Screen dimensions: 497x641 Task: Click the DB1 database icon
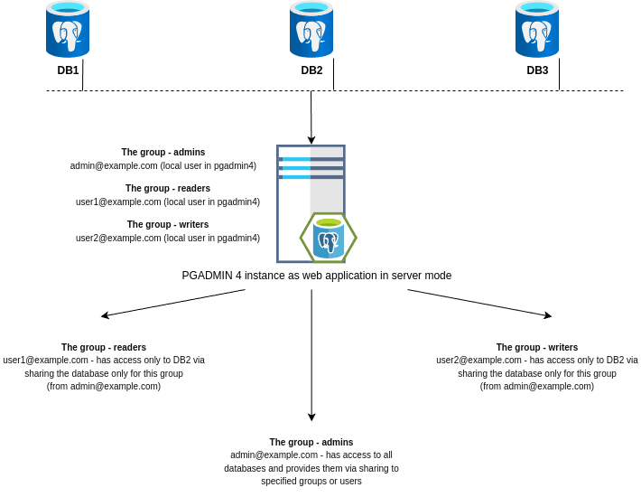[x=68, y=30]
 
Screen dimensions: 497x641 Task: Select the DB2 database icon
[x=311, y=30]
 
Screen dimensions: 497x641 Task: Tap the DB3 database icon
[x=537, y=30]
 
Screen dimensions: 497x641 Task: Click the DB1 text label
[x=68, y=70]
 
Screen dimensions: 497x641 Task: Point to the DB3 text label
[x=537, y=70]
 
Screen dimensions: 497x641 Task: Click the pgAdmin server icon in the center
[x=311, y=190]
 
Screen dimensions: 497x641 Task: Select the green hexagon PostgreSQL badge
[x=329, y=238]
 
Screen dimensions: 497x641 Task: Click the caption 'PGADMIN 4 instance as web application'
[x=316, y=276]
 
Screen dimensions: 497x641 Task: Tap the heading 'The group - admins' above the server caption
[x=163, y=152]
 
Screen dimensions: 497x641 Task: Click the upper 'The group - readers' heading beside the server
[x=168, y=188]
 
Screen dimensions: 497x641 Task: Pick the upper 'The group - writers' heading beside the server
[x=168, y=224]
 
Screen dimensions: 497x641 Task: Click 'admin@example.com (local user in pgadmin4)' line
[x=163, y=166]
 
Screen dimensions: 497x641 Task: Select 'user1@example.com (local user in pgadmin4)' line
[x=168, y=202]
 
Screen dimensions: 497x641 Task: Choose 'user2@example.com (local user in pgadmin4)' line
[x=168, y=239]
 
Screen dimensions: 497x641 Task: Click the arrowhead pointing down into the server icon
[x=311, y=140]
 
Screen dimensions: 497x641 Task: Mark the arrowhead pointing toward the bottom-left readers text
[x=105, y=315]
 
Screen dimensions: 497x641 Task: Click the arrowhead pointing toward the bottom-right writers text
[x=547, y=315]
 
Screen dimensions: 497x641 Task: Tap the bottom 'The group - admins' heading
[x=311, y=442]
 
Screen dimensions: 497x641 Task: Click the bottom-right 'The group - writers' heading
[x=537, y=347]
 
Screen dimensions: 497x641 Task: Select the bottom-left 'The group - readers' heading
[x=104, y=347]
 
